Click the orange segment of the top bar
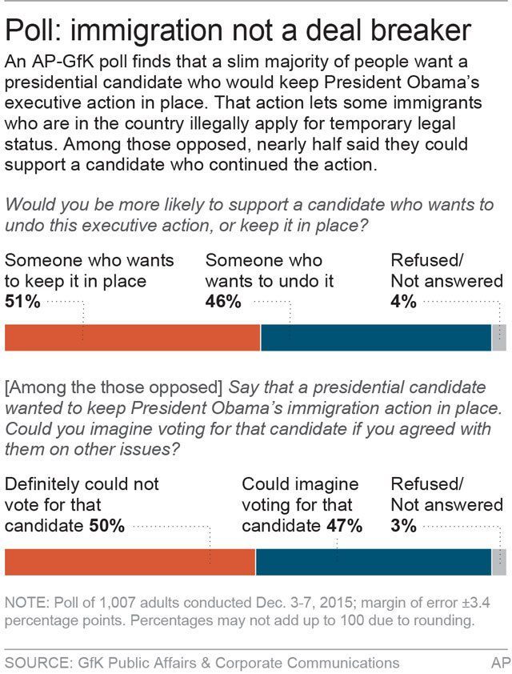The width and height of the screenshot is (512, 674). [x=132, y=338]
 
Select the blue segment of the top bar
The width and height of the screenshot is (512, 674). [x=376, y=338]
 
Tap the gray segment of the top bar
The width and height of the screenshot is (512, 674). [x=499, y=338]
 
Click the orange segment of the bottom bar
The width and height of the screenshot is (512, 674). [x=130, y=562]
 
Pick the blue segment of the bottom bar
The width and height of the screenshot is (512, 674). [x=373, y=562]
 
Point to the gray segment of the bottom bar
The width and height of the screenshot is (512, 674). [x=499, y=562]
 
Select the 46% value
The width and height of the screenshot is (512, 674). [x=223, y=302]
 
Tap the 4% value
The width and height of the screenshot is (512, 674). [x=403, y=302]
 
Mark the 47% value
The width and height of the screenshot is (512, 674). [x=342, y=526]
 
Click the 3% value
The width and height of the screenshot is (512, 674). [x=403, y=526]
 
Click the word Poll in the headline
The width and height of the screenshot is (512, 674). [x=35, y=30]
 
